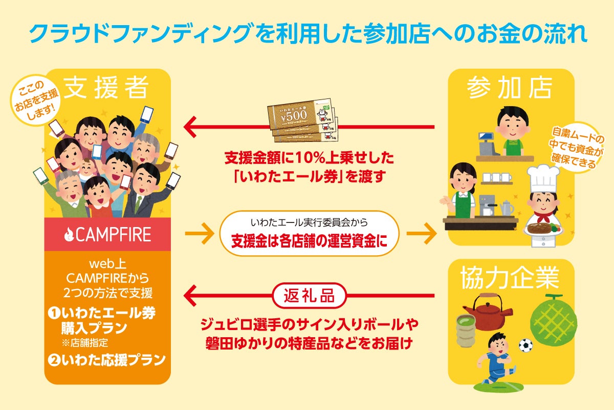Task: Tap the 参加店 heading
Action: click(509, 89)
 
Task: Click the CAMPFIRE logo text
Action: click(107, 235)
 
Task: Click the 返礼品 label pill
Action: click(309, 296)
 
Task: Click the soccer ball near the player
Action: click(525, 345)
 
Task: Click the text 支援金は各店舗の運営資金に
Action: click(309, 241)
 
